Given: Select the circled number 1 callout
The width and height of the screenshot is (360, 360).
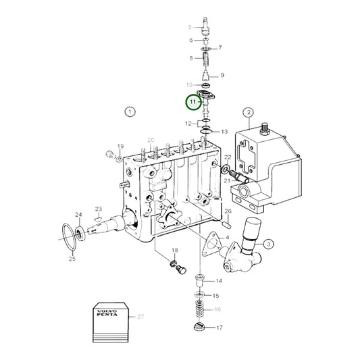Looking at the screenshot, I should tap(130, 111).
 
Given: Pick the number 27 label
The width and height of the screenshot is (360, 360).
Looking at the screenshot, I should tap(140, 316).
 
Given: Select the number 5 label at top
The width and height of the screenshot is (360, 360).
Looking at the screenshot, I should tap(190, 27).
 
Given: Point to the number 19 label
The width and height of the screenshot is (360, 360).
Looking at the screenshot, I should tap(120, 147).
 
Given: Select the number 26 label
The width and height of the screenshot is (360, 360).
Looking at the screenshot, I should tap(228, 212).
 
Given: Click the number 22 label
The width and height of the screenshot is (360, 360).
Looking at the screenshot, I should tap(228, 157).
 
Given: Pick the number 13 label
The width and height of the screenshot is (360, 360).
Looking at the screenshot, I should tap(224, 132).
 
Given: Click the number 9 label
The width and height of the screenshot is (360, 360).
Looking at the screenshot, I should tap(223, 75).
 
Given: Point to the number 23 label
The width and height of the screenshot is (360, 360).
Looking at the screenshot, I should tap(98, 209).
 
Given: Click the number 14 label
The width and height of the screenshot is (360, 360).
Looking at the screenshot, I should tap(218, 280).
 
